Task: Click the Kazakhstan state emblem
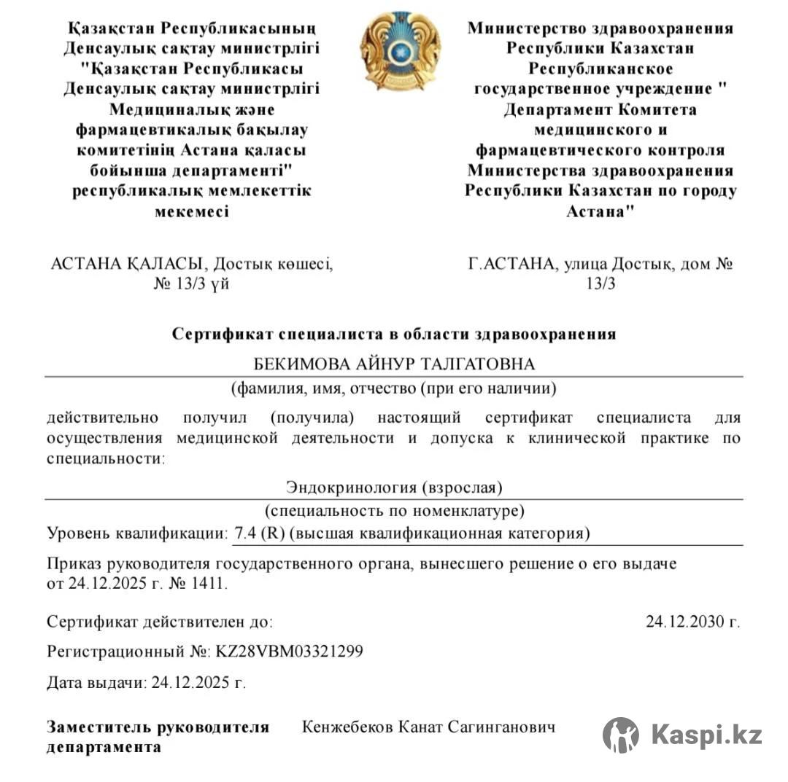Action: coord(400,51)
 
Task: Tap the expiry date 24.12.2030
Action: coord(687,622)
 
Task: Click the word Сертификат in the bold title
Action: coord(216,334)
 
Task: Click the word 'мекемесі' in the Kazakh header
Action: coord(192,211)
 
